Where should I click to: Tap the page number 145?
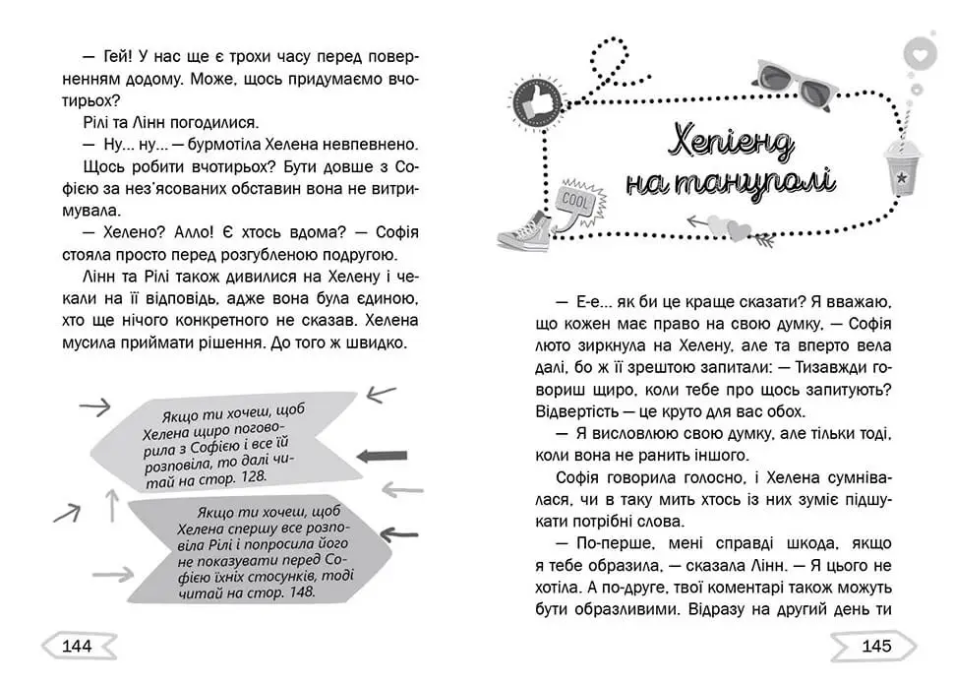(875, 647)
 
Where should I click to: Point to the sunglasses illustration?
(795, 84)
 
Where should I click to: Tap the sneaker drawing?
(523, 232)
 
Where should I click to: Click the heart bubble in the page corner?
(919, 55)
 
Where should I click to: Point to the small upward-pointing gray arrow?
(112, 506)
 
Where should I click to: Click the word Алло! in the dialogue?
(189, 233)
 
